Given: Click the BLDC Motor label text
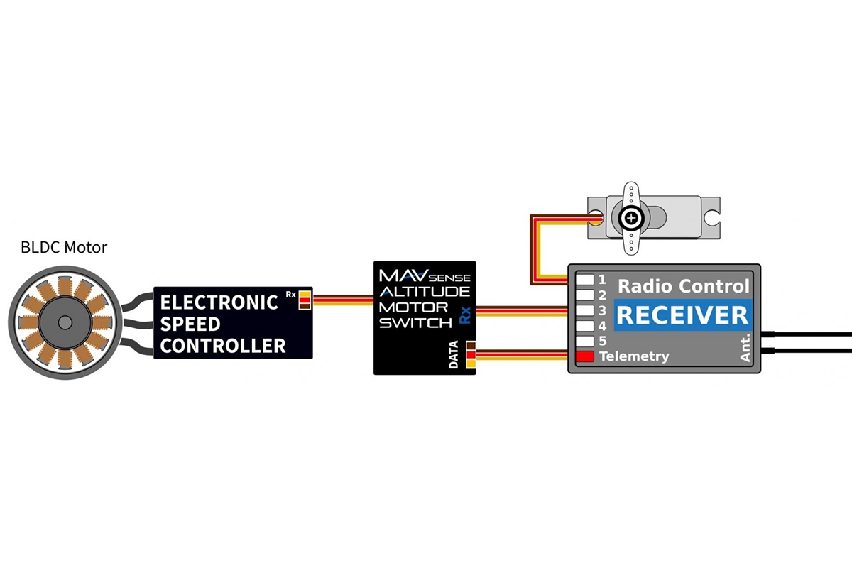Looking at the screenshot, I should (64, 248).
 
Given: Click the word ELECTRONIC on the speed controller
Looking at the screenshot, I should (219, 302).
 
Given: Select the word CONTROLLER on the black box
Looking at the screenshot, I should (223, 346).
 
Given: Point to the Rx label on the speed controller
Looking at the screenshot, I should (290, 293).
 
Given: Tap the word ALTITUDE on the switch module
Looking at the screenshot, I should (424, 291).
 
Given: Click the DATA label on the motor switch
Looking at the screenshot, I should (454, 355).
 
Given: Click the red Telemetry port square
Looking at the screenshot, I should (584, 356).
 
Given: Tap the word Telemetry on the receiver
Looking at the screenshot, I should (634, 356).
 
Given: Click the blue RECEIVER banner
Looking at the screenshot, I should (682, 315).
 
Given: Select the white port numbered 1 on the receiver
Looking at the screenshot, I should (584, 279).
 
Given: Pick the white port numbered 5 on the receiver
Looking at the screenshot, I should (584, 341).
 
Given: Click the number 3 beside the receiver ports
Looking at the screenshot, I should (601, 310).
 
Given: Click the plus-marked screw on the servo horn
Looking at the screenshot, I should (630, 217).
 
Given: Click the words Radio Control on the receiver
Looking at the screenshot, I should (683, 286).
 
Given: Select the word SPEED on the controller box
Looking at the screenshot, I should (190, 324).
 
